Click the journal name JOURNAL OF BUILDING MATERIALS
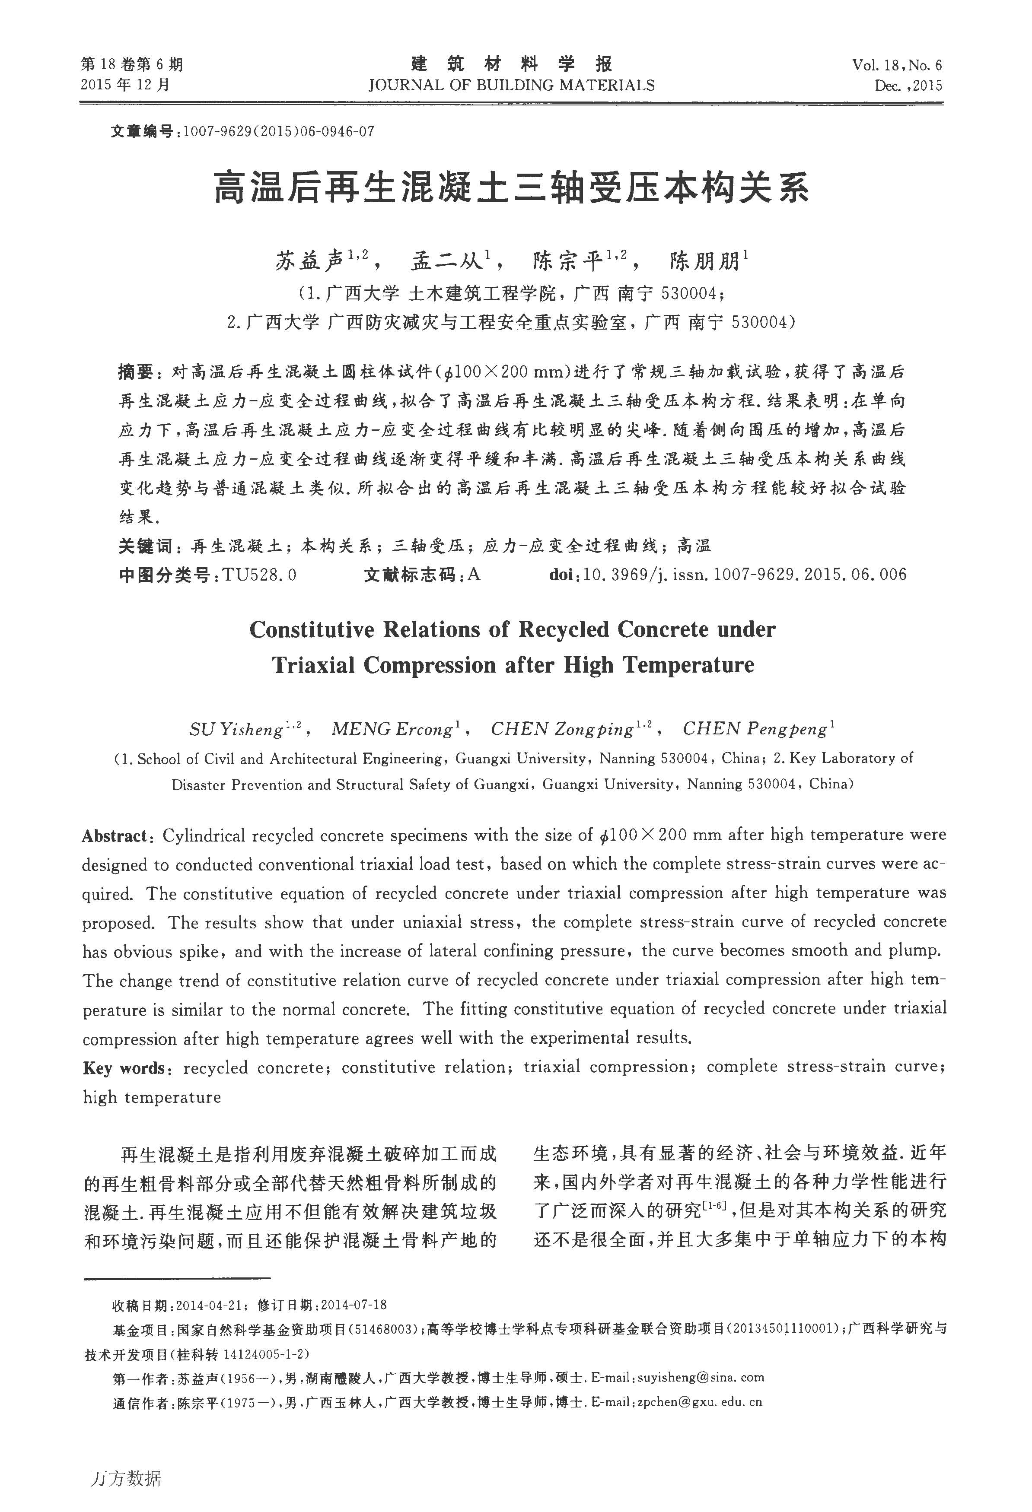tap(511, 85)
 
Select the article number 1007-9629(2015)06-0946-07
tap(278, 131)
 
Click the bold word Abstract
tap(115, 836)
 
